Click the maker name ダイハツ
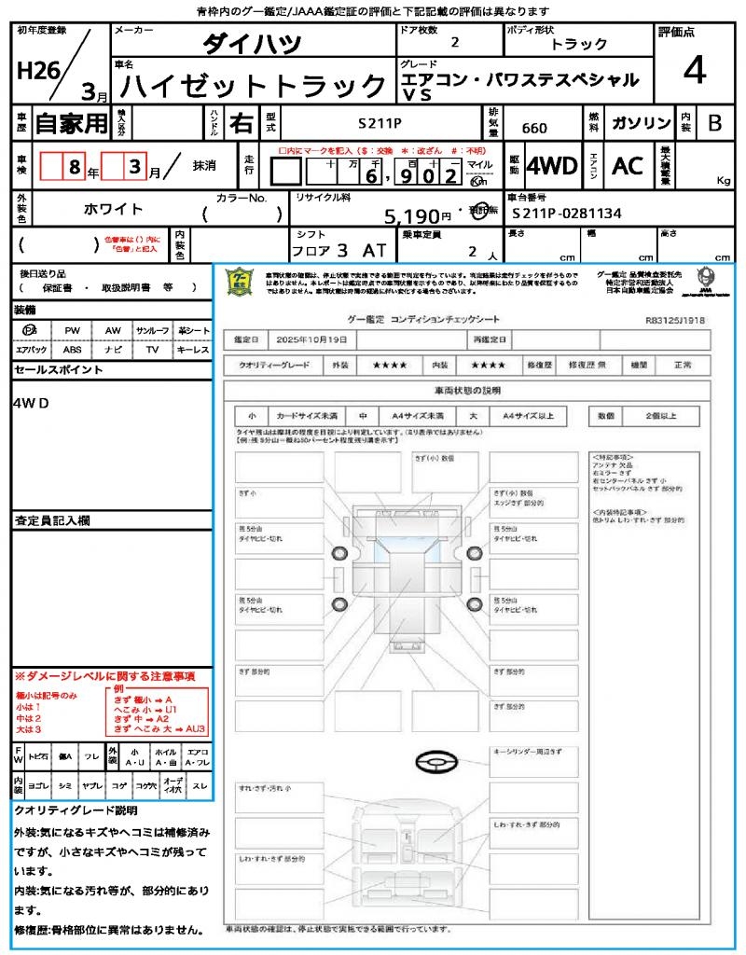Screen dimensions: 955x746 coord(252,44)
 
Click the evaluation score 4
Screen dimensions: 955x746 coord(694,70)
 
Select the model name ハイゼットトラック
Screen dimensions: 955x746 coord(254,87)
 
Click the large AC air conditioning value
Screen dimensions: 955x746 coord(628,166)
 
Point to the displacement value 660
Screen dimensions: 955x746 coord(534,128)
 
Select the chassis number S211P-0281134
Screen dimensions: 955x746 coord(567,214)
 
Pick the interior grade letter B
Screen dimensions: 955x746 coord(713,123)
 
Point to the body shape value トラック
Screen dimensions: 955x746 coord(579,44)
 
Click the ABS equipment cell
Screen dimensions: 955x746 coord(72,350)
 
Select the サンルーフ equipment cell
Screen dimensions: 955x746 coord(152,330)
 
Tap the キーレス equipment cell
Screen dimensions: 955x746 coord(193,350)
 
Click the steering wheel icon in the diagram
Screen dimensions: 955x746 coord(435,762)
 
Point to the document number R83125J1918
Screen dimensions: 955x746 coord(675,319)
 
